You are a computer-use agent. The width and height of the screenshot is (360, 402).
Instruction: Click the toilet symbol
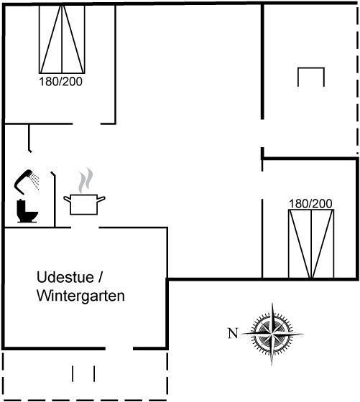pos(27,211)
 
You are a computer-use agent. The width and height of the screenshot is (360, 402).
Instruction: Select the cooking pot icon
pos(84,205)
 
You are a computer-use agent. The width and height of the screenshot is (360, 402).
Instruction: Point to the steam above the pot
pos(86,180)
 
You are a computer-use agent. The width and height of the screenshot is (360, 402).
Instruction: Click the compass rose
pos(272,334)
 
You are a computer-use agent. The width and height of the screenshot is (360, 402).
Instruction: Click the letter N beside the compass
pos(233,333)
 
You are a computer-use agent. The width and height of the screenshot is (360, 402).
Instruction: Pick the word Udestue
pos(65,277)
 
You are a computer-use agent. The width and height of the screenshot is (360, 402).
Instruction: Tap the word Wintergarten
pos(80,296)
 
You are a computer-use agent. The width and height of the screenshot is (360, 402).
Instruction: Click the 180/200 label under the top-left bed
pos(61,82)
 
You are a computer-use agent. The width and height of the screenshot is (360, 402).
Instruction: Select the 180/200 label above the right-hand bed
pos(310,204)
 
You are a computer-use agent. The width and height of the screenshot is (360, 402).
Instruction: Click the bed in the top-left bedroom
pos(62,39)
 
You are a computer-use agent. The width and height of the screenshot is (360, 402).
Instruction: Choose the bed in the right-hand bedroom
pos(311,243)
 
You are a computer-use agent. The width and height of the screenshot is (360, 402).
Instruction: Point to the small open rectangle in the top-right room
pos(311,68)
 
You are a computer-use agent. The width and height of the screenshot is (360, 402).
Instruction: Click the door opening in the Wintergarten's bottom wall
pos(119,348)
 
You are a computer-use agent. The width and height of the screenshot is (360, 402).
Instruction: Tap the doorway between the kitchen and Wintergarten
pos(85,227)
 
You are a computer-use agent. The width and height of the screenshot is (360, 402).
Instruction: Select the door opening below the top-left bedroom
pos(86,123)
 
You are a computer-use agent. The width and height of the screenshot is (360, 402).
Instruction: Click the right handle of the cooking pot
pos(101,199)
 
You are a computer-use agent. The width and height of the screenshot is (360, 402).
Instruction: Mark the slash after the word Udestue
pos(100,277)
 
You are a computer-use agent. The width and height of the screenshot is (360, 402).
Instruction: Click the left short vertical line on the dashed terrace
pos(73,373)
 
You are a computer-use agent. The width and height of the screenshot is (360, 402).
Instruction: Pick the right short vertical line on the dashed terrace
pos(94,373)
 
